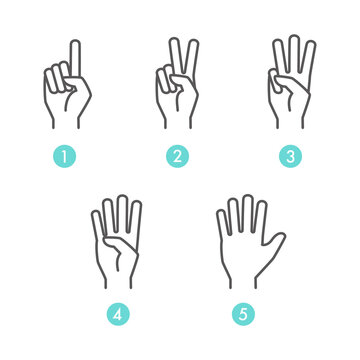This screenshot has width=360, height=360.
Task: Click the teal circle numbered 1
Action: pos(65,156)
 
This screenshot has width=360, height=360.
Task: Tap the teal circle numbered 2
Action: pos(178,156)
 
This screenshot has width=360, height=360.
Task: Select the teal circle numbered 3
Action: pos(290,156)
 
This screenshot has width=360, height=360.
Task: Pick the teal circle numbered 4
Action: pos(118,314)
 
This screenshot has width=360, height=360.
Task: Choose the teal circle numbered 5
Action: pos(243,314)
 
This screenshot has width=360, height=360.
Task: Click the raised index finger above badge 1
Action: pos(75,59)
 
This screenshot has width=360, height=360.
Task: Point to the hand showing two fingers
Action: pos(177,83)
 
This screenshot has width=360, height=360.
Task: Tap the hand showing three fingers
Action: pos(291,82)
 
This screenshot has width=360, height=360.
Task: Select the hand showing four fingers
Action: pos(117,242)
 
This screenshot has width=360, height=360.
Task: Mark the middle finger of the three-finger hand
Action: pos(294,53)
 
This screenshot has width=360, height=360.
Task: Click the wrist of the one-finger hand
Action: pos(66,123)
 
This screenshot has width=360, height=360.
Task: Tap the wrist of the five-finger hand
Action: pos(243,283)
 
